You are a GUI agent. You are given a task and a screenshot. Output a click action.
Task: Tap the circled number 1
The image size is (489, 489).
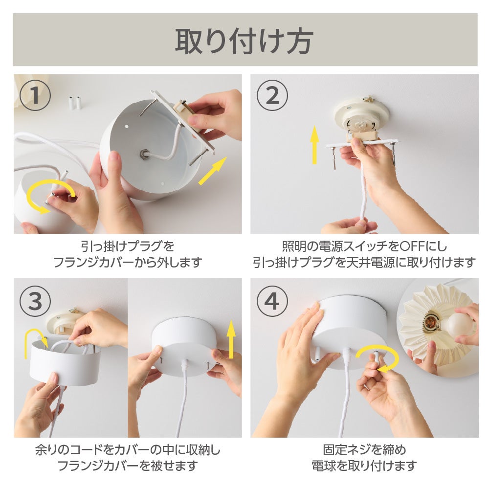tap(35, 95)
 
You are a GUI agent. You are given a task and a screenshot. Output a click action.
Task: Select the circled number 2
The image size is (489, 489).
tap(272, 95)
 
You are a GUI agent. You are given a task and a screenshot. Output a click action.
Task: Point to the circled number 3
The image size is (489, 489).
tap(35, 301)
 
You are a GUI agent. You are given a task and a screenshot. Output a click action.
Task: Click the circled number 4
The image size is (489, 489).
tap(272, 301)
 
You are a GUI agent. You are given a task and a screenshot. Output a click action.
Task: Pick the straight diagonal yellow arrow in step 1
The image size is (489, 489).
tap(213, 171)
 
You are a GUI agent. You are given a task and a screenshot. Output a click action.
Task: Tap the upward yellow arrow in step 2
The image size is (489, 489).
tap(314, 145)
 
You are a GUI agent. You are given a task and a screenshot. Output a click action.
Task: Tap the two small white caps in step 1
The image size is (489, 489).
tap(75, 103)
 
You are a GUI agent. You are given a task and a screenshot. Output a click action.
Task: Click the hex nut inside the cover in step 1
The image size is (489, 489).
tap(144, 154)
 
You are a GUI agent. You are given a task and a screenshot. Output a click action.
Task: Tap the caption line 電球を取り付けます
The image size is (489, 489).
tap(364, 466)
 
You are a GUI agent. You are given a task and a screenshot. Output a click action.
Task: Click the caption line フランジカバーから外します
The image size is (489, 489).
tap(128, 262)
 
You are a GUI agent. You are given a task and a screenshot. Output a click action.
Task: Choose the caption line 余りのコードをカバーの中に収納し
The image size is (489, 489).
tap(128, 450)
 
